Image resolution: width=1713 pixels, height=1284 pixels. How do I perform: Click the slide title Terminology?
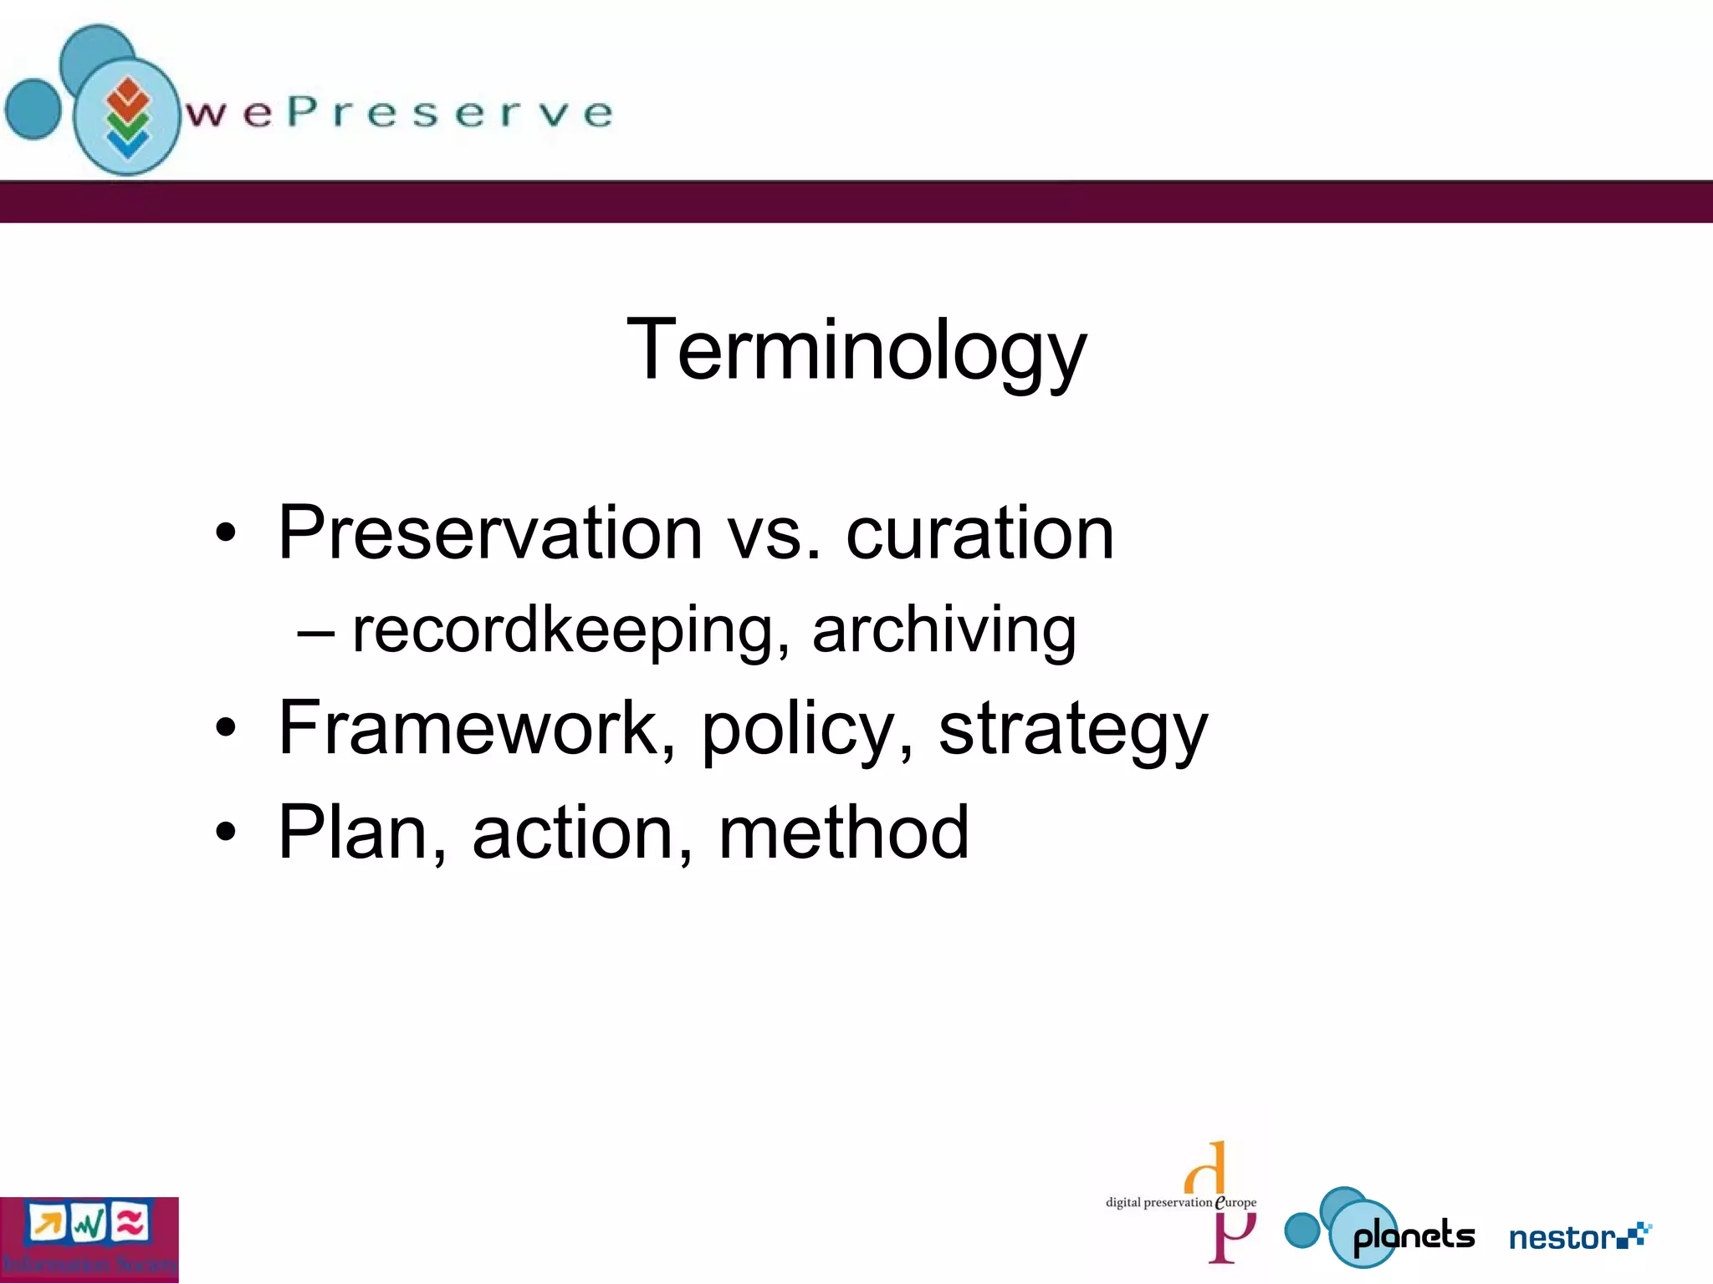coord(856,349)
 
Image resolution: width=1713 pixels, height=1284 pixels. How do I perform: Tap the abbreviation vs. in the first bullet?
coord(775,535)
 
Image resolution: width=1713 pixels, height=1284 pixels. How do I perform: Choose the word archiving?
coord(943,630)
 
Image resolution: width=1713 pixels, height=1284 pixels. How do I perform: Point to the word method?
coord(843,833)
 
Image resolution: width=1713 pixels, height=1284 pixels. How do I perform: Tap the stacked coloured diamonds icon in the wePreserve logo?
coord(127,118)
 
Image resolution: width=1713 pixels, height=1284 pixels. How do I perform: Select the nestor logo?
coord(1579,1236)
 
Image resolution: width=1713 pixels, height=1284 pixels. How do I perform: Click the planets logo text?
coord(1414,1236)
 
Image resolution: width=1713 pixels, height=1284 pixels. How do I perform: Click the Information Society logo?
coord(89,1240)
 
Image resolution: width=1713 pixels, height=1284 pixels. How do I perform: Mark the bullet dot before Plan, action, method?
coord(226,833)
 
